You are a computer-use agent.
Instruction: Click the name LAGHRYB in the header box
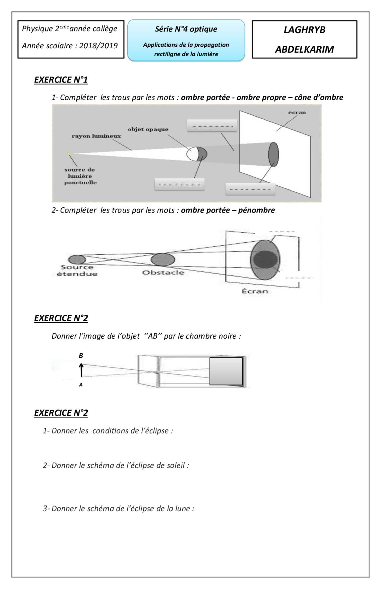coord(304,30)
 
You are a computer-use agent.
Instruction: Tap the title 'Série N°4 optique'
coord(186,29)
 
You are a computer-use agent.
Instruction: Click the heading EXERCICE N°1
coord(61,80)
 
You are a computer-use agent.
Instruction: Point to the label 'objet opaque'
coord(148,129)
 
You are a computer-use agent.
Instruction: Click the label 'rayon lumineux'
coord(96,136)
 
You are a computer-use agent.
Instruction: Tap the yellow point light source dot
coord(69,154)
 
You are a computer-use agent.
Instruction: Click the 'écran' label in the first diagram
coord(297,113)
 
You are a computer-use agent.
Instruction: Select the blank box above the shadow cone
coord(212,126)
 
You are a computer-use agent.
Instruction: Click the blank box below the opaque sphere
coord(180,184)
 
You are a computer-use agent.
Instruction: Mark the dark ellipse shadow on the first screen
coord(273,154)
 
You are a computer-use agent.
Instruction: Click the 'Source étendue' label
coord(77,271)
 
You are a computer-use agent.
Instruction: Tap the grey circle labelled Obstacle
coord(163,260)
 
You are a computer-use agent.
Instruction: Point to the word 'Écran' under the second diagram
coord(255,291)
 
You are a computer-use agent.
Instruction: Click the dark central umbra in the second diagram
coord(265,259)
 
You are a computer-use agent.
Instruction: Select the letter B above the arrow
coord(81,356)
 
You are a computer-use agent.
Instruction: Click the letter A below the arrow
coord(81,385)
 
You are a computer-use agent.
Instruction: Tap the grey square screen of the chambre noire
coord(226,371)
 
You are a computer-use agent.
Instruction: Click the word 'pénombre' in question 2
coord(256,210)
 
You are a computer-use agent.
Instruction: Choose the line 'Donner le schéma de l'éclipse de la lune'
coord(118,509)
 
